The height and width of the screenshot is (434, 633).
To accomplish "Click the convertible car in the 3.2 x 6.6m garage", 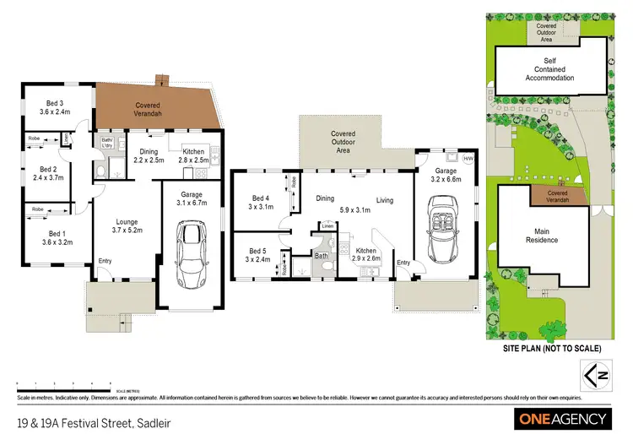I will (446, 230).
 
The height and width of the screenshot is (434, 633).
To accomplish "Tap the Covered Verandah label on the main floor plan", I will (149, 111).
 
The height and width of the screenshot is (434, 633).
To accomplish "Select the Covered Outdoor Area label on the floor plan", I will (343, 142).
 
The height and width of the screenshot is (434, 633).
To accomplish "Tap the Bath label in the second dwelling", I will (321, 254).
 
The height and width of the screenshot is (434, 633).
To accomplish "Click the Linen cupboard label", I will (327, 225).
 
